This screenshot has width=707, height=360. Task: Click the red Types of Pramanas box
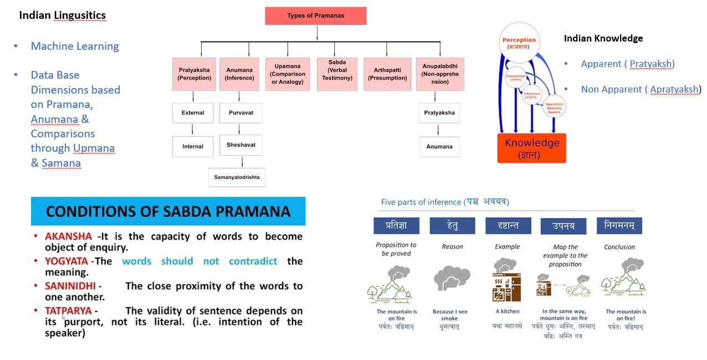pos(315,16)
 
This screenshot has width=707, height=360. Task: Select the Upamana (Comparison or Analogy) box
pos(288,74)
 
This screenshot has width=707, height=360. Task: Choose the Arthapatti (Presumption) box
pos(386,74)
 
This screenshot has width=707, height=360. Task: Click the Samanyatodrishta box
pos(237,177)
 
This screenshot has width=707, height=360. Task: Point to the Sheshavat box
pos(241,145)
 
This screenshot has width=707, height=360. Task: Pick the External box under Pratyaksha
pos(193,113)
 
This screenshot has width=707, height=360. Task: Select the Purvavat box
pos(241,113)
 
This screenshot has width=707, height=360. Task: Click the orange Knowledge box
pos(531,148)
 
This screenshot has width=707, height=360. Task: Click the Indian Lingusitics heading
pos(62,16)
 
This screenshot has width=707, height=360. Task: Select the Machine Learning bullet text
pos(75,47)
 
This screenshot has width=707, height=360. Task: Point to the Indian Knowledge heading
pos(603,38)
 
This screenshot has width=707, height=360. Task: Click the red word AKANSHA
pos(68,236)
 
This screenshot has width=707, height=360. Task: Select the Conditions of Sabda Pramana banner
pos(168,211)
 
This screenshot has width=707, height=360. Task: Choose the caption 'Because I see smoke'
pos(449,315)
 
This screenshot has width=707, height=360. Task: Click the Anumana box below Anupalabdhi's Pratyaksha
pos(439,147)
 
